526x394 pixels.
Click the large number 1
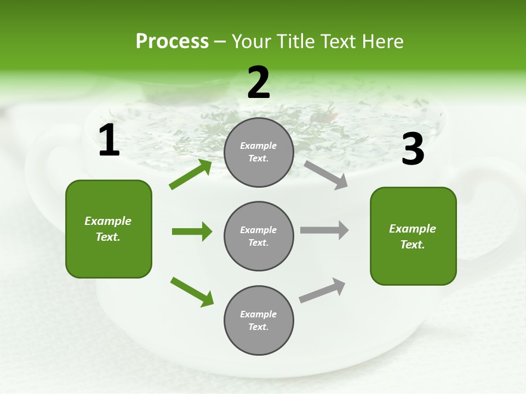[x=109, y=141]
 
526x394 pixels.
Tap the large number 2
[x=259, y=83]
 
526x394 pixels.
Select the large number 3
[x=413, y=149]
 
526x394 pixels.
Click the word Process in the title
[x=172, y=41]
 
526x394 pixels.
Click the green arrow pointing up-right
[x=191, y=175]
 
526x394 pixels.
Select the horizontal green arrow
[x=192, y=231]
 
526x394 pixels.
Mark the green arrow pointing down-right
[x=192, y=292]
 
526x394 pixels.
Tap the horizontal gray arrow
[x=324, y=230]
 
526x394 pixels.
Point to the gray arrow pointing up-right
[x=322, y=291]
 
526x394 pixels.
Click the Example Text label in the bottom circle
[x=259, y=320]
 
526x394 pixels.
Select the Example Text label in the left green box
[x=108, y=229]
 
